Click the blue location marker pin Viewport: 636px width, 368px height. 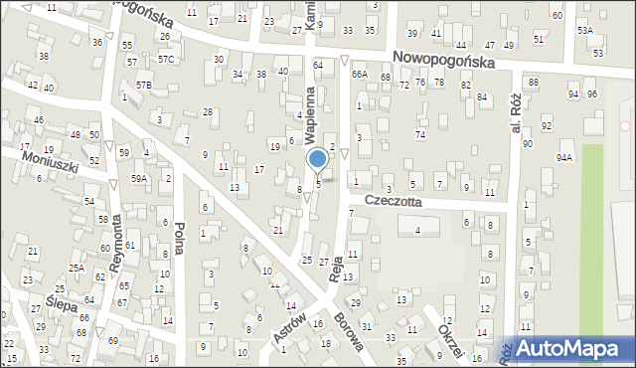point(317,159)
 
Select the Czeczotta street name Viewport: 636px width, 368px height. point(393,200)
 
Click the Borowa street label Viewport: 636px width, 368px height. point(347,338)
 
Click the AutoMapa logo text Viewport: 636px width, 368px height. point(574,348)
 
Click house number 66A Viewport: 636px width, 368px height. point(359,74)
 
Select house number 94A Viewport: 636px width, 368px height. point(564,157)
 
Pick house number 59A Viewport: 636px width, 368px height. point(139,179)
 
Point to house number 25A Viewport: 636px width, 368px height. point(77,268)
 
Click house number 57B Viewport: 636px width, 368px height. point(144,86)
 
